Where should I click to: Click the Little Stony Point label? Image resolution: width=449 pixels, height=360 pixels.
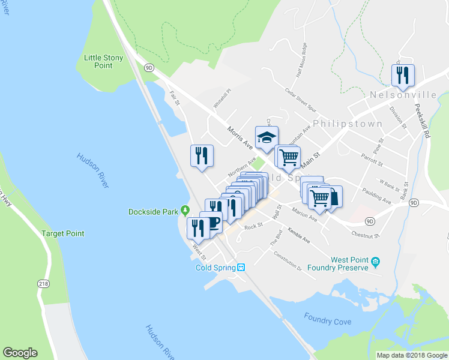point(103,61)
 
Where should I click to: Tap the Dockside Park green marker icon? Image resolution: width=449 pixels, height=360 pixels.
point(185,211)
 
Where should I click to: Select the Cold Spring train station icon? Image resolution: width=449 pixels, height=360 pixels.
point(240,268)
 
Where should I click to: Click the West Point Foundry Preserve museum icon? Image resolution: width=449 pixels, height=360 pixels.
point(375,262)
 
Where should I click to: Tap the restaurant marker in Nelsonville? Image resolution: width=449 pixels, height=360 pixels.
point(402,75)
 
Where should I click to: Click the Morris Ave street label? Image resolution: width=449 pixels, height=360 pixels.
point(240,137)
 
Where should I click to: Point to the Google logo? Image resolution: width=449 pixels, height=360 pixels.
point(20,353)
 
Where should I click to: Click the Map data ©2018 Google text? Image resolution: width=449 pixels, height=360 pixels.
point(411,355)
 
